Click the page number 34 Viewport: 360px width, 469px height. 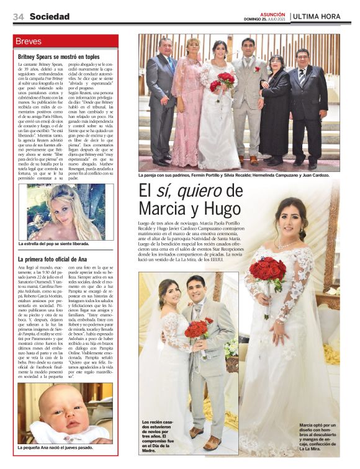18,17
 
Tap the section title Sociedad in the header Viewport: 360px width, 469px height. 50,17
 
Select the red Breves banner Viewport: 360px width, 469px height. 66,42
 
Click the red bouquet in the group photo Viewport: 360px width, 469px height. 227,79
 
